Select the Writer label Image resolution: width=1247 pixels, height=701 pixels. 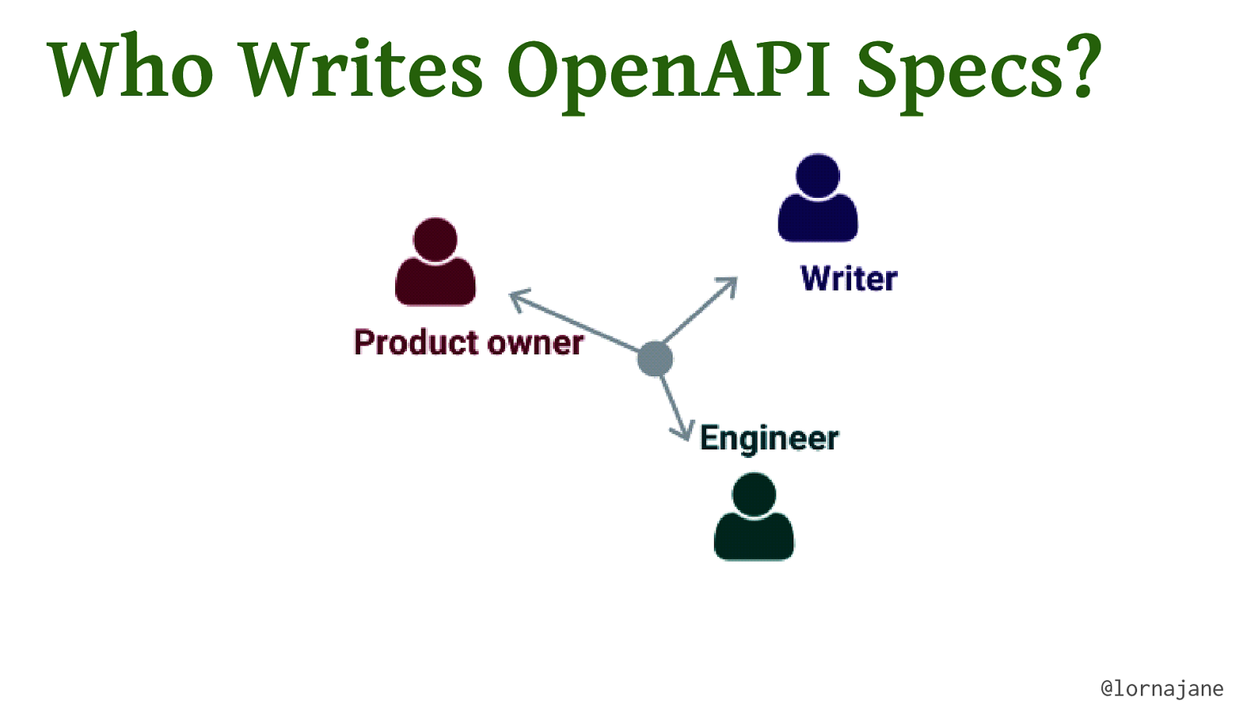[848, 279]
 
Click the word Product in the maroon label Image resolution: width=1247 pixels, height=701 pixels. [415, 343]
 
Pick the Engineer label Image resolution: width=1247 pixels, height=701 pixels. [768, 439]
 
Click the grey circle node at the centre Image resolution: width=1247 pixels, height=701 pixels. [655, 359]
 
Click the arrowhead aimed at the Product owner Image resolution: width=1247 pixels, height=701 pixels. [518, 298]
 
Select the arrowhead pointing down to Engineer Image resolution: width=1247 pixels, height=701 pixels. [684, 432]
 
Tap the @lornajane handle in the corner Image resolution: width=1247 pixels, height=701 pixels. [1161, 689]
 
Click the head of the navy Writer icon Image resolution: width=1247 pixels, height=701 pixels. [818, 175]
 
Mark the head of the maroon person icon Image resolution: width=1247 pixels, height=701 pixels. [435, 239]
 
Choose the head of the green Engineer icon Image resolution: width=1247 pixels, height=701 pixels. [754, 494]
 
